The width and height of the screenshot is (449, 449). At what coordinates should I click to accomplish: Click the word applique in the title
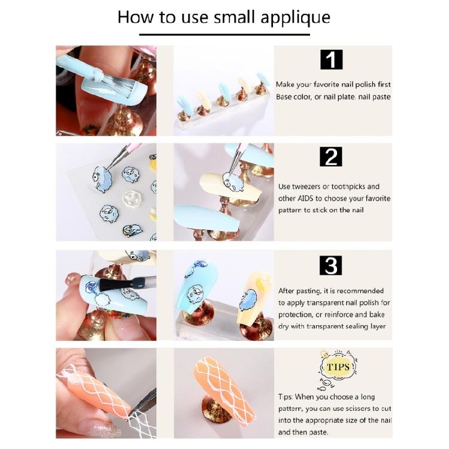[296, 18]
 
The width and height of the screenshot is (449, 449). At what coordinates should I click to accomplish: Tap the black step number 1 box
[331, 59]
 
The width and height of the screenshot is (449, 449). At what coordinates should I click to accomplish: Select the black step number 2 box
[331, 157]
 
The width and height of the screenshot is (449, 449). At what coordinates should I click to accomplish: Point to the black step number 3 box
[331, 265]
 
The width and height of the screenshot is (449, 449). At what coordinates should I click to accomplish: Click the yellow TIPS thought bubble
[338, 367]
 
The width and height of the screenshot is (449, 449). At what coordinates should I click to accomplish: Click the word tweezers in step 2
[307, 187]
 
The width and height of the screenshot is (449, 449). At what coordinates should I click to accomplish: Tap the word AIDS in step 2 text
[305, 198]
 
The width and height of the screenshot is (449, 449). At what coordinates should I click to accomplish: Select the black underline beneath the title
[224, 35]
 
